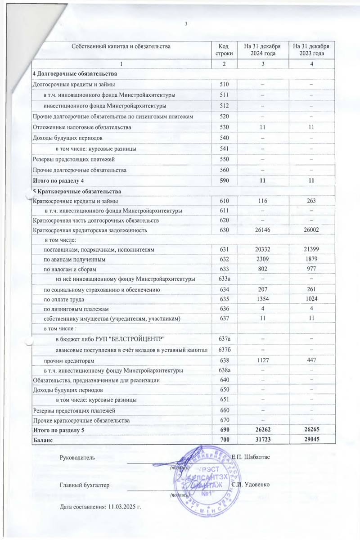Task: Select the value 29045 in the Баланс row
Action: pyautogui.click(x=311, y=440)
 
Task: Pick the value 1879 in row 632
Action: pyautogui.click(x=311, y=259)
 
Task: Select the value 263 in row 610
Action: pyautogui.click(x=311, y=201)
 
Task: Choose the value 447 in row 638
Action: pyautogui.click(x=311, y=361)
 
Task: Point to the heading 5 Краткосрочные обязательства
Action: pyautogui.click(x=75, y=191)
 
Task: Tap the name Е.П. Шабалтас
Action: pyautogui.click(x=250, y=458)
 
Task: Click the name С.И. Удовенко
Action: pyautogui.click(x=250, y=485)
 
